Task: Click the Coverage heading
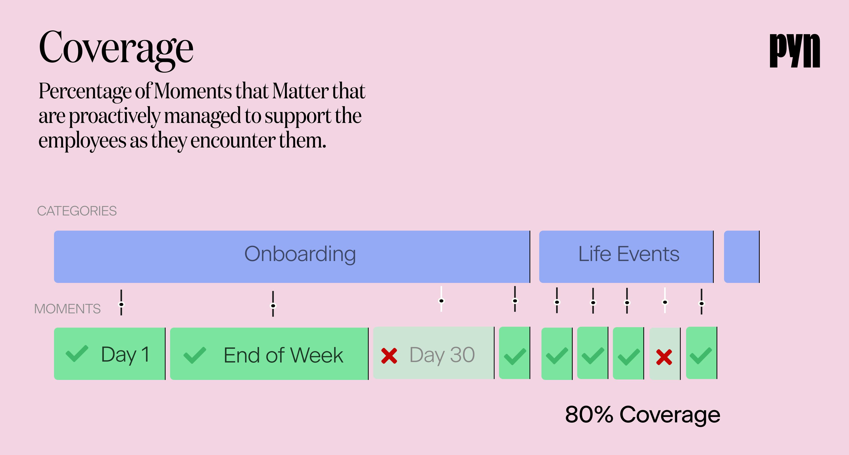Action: click(x=116, y=48)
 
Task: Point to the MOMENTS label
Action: click(x=67, y=309)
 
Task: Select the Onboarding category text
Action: click(x=300, y=254)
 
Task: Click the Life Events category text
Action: click(x=628, y=254)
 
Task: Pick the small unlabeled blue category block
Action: click(x=741, y=257)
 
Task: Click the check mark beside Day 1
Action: click(x=77, y=354)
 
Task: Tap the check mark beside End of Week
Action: click(x=195, y=355)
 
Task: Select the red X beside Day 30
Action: click(x=389, y=356)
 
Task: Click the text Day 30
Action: click(x=442, y=355)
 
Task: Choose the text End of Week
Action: click(x=283, y=355)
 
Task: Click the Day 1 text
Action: click(x=125, y=355)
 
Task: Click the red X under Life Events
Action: click(x=664, y=357)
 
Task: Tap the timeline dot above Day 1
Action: click(x=121, y=304)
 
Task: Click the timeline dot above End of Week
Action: click(x=273, y=305)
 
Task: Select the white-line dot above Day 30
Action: click(x=441, y=301)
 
